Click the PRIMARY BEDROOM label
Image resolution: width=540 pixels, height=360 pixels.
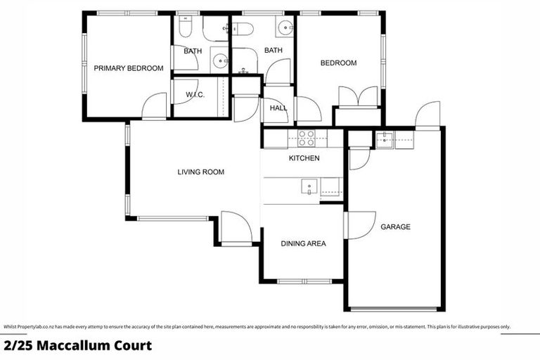[129, 68]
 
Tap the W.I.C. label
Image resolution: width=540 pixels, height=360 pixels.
[195, 95]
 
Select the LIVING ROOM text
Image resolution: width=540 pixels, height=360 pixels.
[200, 172]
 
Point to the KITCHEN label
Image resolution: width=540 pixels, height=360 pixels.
[304, 158]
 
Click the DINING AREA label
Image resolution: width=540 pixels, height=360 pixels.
[303, 244]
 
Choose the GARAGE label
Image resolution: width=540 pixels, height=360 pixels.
[395, 227]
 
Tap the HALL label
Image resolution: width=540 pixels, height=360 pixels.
[278, 109]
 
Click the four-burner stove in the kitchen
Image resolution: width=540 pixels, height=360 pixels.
[306, 138]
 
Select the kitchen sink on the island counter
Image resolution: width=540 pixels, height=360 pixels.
[309, 186]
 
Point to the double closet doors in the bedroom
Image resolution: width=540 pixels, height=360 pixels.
[359, 96]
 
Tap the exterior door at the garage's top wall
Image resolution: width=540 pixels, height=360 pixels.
[427, 115]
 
